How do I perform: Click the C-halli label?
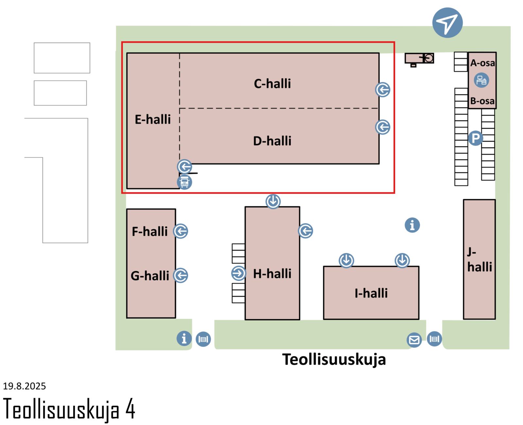(x=272, y=84)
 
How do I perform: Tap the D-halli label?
(x=272, y=141)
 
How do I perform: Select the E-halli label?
(x=153, y=120)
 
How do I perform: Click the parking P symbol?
(x=475, y=138)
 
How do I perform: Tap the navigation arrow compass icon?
(x=447, y=23)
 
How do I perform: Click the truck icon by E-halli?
(x=184, y=182)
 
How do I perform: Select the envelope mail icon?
(x=414, y=340)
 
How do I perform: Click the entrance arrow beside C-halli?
(x=382, y=90)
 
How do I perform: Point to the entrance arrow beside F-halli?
(x=180, y=231)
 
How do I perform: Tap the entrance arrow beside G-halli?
(x=180, y=275)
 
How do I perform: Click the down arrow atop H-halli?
(x=273, y=201)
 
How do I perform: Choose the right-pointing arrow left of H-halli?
(x=238, y=273)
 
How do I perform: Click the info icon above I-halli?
(x=412, y=225)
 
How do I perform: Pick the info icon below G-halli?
(x=184, y=338)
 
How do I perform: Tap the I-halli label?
(x=371, y=293)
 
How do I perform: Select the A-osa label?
(x=482, y=63)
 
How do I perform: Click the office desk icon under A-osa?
(x=481, y=80)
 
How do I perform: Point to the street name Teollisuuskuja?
(x=334, y=360)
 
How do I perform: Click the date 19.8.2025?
(x=25, y=386)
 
